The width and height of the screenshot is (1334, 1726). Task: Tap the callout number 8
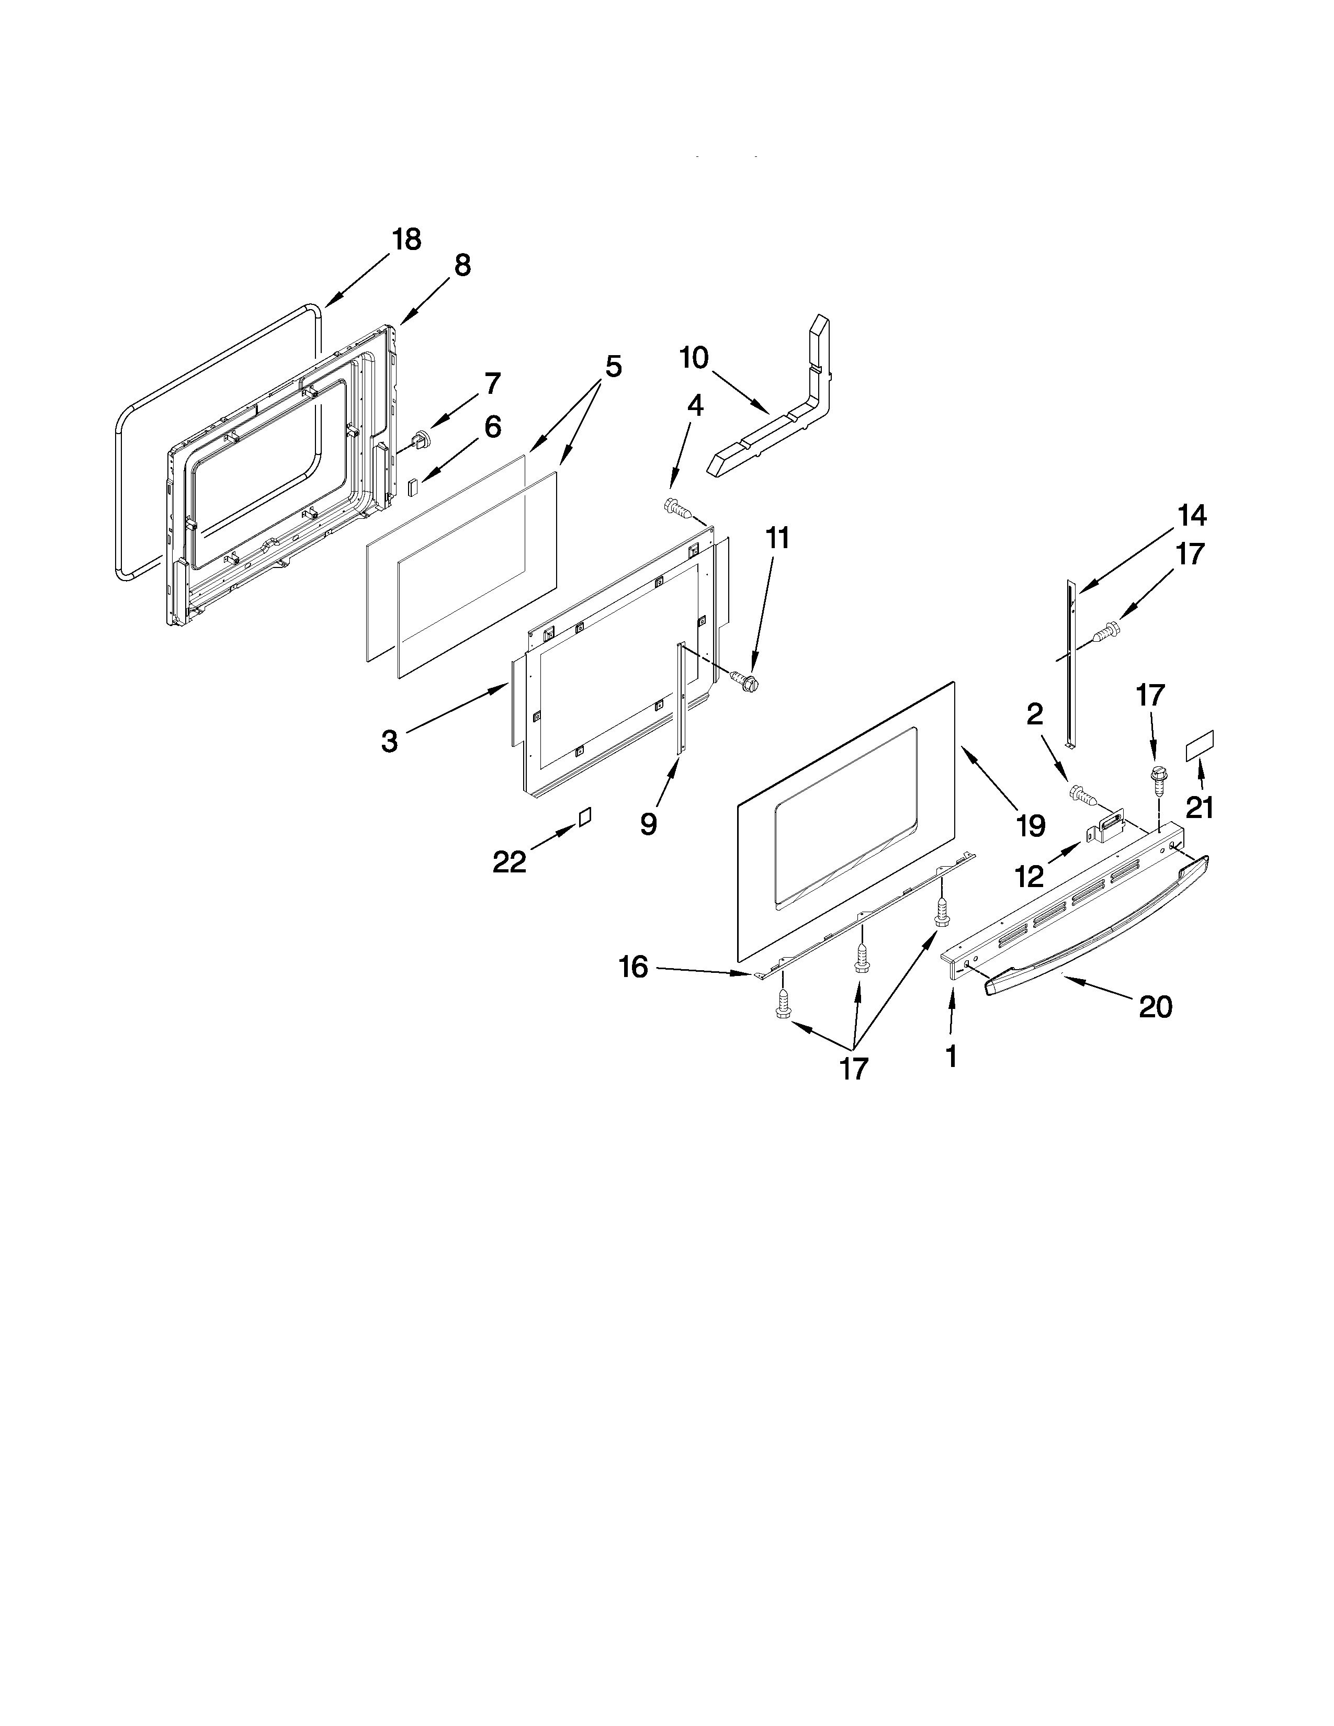click(462, 266)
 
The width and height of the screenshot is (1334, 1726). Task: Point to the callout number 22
click(509, 862)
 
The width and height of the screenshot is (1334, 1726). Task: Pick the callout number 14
click(1192, 516)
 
